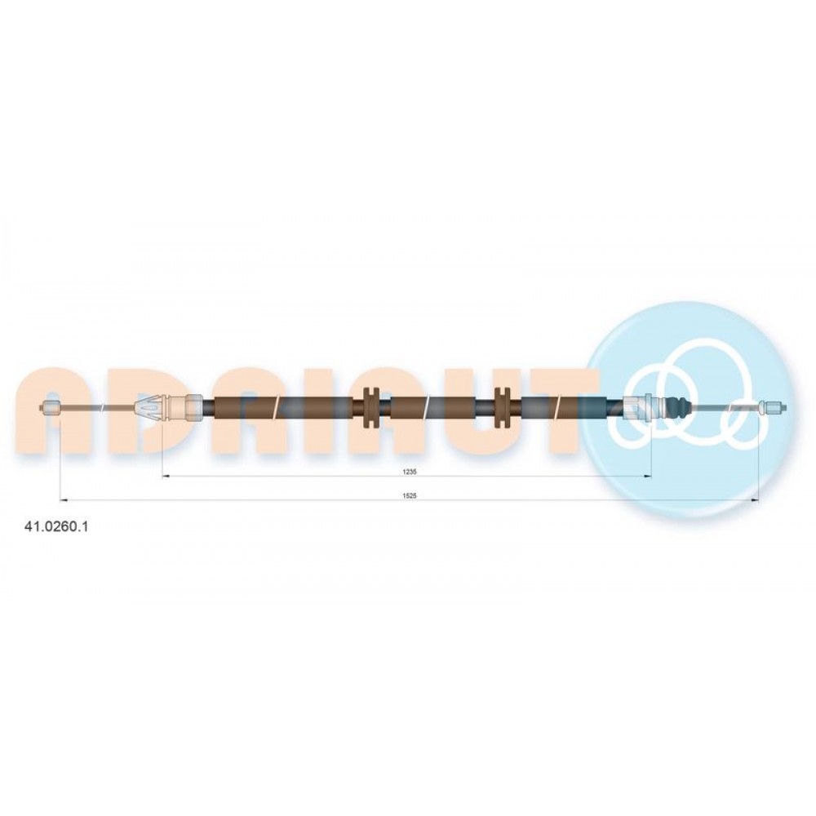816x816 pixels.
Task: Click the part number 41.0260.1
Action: [x=56, y=526]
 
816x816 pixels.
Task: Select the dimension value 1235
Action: [x=410, y=472]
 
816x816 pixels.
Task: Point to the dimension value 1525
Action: [x=410, y=496]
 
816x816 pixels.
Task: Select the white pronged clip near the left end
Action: [x=149, y=408]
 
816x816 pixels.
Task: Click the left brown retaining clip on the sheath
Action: [x=370, y=407]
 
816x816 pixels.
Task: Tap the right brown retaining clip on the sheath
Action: [x=503, y=407]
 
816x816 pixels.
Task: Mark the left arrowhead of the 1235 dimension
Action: [x=166, y=476]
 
